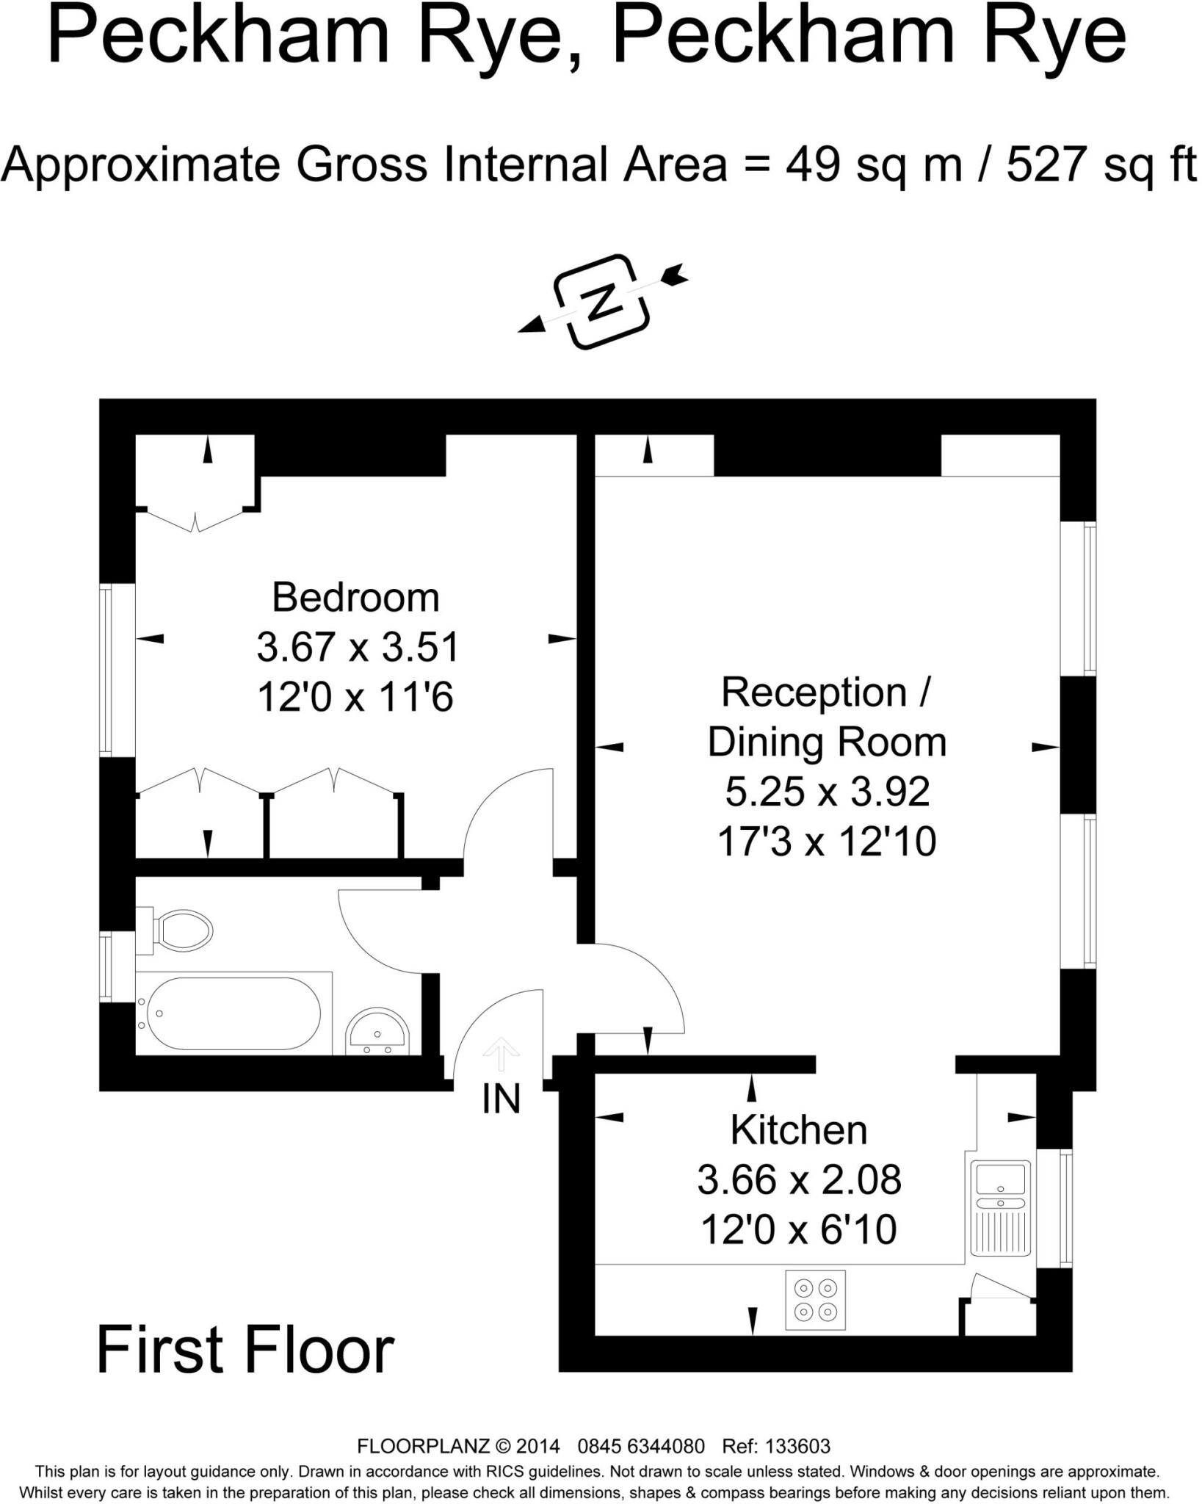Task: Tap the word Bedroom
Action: click(355, 597)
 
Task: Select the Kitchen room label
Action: click(798, 1129)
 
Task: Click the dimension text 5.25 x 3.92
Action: click(828, 791)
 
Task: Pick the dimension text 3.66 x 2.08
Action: click(798, 1180)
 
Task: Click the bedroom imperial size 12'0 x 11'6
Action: click(355, 696)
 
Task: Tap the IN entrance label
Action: click(502, 1099)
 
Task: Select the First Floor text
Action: click(245, 1350)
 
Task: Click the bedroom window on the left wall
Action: click(108, 670)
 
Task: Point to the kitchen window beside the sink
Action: click(1065, 1208)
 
